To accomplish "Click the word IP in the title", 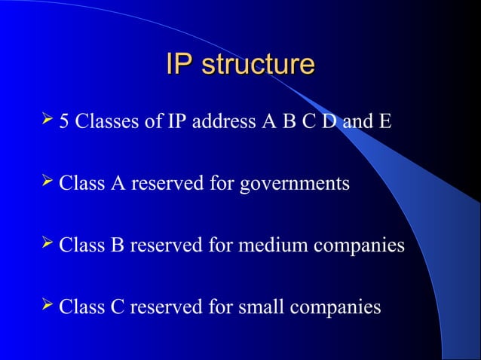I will click(x=178, y=65).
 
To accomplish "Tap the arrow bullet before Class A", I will click(x=49, y=182).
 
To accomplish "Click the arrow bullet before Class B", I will click(x=49, y=244).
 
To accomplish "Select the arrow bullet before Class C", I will click(x=49, y=306).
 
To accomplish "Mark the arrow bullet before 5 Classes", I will click(x=49, y=119).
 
